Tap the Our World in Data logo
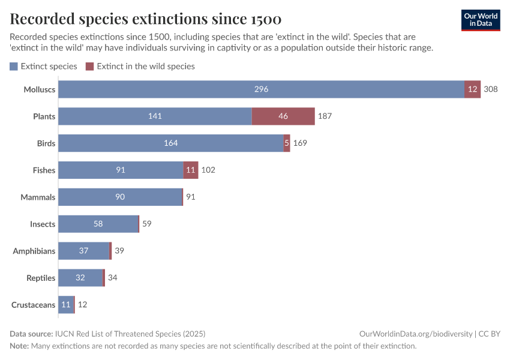480,19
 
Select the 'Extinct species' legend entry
44,67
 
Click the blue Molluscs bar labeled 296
261,89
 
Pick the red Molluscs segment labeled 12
472,89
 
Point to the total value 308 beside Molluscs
491,89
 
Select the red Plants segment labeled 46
283,116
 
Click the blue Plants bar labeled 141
155,116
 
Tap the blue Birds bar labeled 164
170,143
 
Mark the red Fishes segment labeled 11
191,170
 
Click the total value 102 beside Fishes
208,170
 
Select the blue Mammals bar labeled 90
120,197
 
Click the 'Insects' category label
43,224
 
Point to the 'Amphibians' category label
34,251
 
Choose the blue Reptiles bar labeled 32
80,278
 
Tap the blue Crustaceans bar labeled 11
65,305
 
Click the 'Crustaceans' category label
34,305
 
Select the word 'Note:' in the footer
19,346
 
